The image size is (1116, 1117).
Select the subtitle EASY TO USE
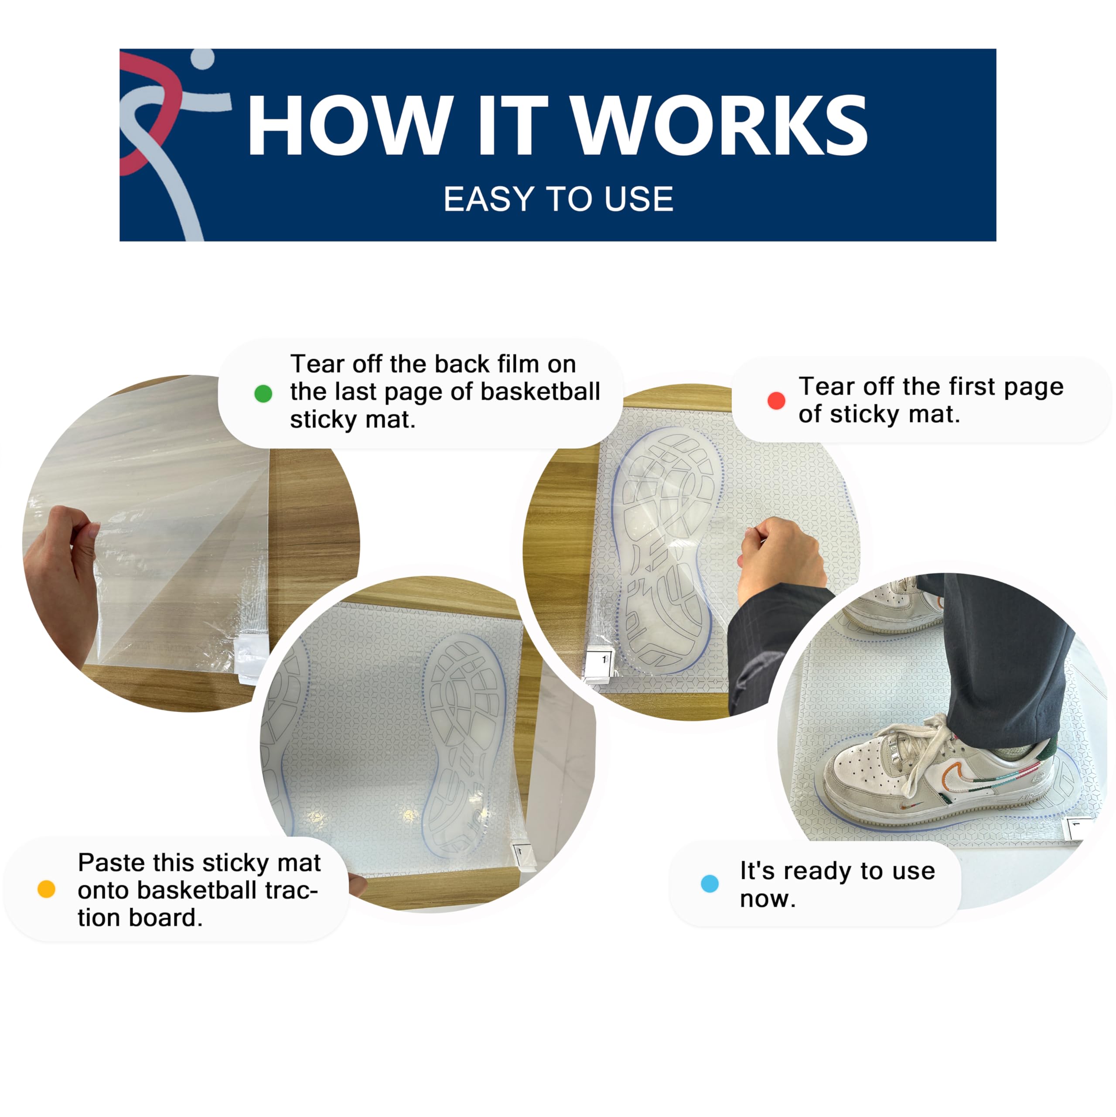(558, 199)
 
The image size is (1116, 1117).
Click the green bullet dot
(263, 394)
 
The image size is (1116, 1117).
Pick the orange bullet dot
(46, 889)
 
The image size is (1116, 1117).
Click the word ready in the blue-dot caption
(810, 871)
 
